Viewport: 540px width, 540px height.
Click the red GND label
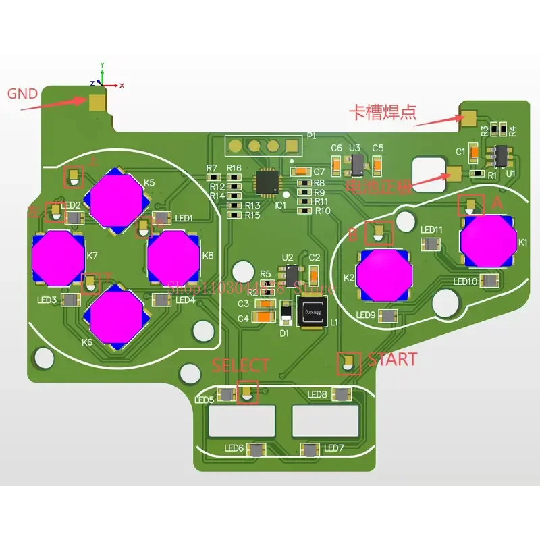pos(22,94)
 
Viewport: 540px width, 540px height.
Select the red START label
pos(391,359)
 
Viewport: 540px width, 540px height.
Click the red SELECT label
pos(240,365)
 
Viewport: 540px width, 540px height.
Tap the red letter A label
pos(497,202)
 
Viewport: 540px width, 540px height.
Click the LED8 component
pos(343,395)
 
